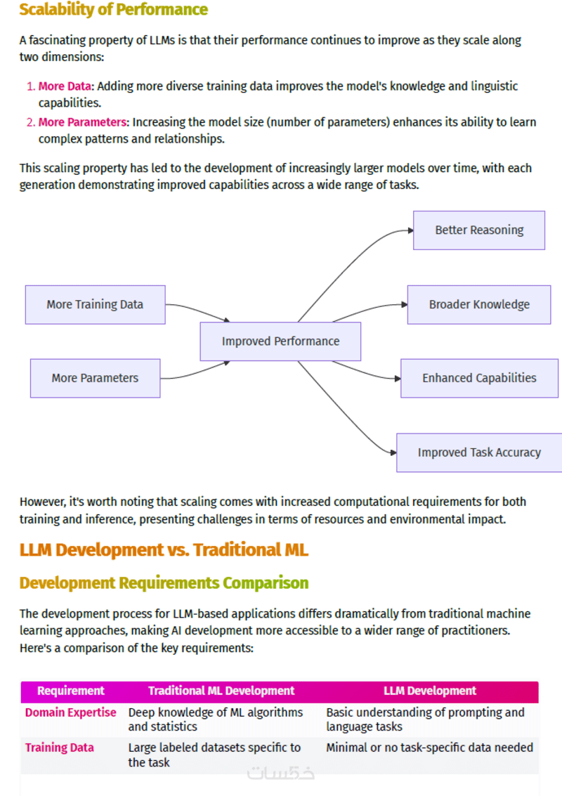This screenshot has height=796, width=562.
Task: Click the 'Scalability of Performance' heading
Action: [x=113, y=10]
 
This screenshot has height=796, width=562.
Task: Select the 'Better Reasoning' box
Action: [x=479, y=230]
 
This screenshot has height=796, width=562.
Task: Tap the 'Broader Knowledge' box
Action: [x=479, y=304]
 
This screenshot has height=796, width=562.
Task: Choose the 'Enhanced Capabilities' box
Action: [x=479, y=378]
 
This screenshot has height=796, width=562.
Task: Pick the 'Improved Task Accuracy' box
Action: [x=479, y=452]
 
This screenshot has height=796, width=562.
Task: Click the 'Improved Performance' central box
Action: [x=280, y=341]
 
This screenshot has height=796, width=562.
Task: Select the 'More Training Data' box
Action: [x=95, y=304]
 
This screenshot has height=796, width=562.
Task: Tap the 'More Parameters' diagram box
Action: [x=95, y=378]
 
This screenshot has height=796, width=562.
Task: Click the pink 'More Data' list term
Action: [x=65, y=86]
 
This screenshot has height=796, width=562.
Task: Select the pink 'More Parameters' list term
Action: [x=82, y=122]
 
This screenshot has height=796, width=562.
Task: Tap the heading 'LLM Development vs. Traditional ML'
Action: [x=164, y=549]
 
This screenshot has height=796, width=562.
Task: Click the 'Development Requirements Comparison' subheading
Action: [x=164, y=583]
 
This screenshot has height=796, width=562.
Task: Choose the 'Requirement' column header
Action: [x=70, y=691]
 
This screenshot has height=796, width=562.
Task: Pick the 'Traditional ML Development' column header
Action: [x=221, y=691]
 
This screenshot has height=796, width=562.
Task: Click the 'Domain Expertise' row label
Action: [x=70, y=712]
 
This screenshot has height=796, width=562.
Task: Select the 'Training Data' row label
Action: [x=59, y=748]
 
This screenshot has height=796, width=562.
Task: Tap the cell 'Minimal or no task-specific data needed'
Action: [x=429, y=748]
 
